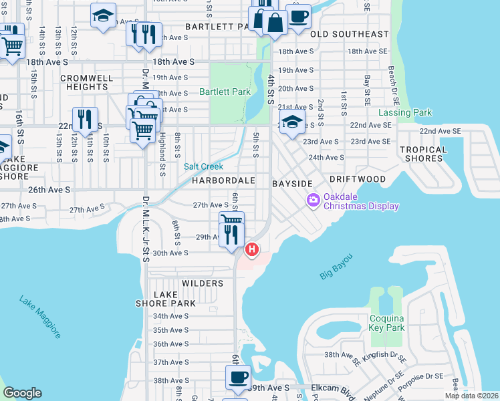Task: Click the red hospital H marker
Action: click(252, 250)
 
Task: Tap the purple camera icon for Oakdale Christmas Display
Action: click(313, 200)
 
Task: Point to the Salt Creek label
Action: click(203, 166)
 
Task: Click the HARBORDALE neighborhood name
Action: click(224, 181)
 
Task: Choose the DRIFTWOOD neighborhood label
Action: click(357, 180)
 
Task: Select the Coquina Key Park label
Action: click(387, 323)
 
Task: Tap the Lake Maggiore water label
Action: click(40, 316)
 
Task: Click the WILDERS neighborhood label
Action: click(203, 283)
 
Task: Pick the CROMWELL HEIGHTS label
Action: click(86, 82)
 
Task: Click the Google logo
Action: click(22, 393)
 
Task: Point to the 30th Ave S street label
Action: click(170, 253)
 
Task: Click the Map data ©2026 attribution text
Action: click(472, 396)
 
